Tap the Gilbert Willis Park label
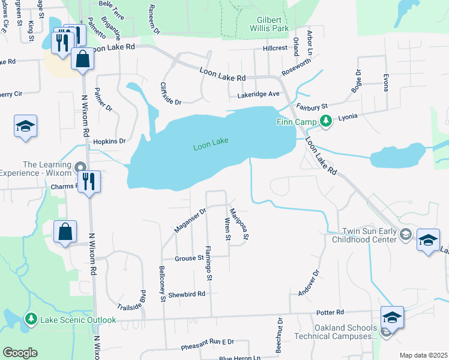270,23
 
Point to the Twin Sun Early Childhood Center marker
406,234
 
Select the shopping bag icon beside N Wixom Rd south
65,232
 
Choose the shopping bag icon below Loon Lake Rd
82,59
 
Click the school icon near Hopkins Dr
25,127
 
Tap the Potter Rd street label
331,313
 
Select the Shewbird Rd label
187,294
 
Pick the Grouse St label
189,259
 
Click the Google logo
20,353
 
